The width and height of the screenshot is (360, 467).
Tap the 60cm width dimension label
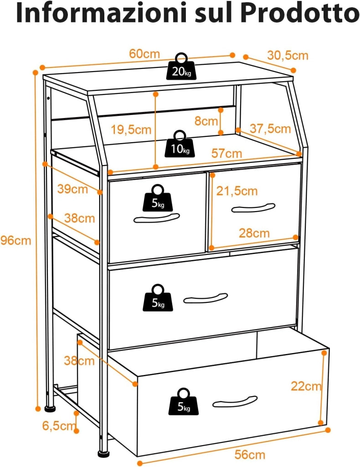[x=144, y=54]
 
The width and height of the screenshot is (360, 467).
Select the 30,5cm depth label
[x=288, y=56]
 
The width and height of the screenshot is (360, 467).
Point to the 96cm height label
[x=15, y=240]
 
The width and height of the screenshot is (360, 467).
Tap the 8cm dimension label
[x=206, y=121]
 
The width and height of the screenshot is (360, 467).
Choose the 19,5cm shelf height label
[x=131, y=130]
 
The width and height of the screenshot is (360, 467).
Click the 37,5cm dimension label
[x=270, y=129]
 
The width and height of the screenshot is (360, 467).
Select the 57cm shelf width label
[x=227, y=153]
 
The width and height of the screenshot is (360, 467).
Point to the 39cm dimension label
[x=72, y=189]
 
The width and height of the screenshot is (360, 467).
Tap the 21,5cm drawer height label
[x=237, y=191]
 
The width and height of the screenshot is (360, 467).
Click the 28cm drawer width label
[x=254, y=233]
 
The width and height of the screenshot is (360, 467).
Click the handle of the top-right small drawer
[x=253, y=208]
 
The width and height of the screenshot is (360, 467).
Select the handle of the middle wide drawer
[x=206, y=298]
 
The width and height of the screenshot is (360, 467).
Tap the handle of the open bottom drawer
[x=235, y=401]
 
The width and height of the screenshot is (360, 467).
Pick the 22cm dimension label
[x=306, y=386]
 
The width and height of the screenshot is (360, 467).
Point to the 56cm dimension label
[x=250, y=455]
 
